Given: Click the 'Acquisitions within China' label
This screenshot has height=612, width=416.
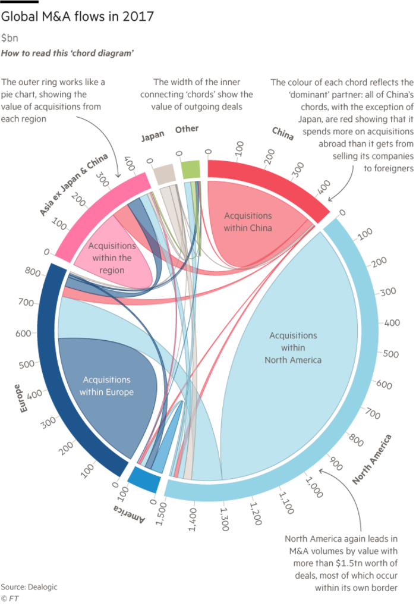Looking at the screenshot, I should [x=248, y=222].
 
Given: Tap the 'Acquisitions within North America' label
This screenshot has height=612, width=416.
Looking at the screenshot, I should [x=293, y=348].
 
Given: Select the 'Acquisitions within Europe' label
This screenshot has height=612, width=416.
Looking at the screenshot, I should [x=107, y=385].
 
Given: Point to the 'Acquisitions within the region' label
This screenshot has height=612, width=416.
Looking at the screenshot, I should [x=112, y=258].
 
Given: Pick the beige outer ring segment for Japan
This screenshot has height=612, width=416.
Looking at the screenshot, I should [x=162, y=158].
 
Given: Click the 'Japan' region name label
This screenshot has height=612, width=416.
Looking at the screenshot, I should [x=152, y=137].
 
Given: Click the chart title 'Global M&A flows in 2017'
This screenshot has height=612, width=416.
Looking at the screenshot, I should [x=78, y=16].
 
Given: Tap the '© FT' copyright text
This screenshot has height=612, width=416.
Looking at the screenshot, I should [x=9, y=597].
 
